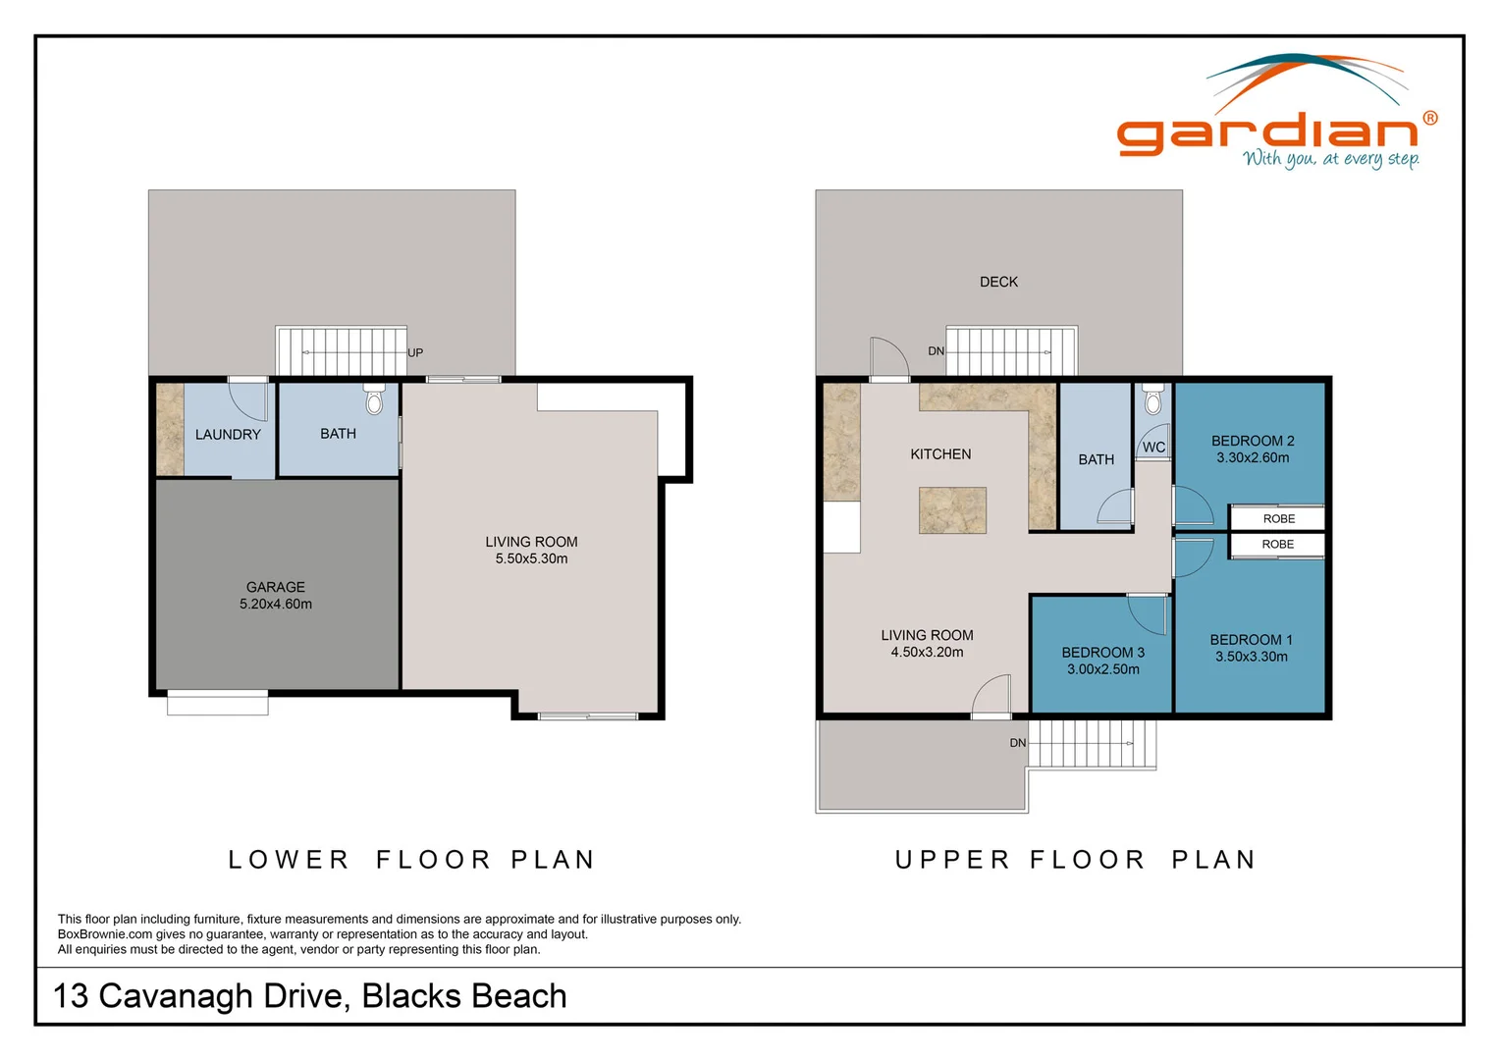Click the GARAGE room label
click(x=275, y=587)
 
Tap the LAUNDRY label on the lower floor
click(x=228, y=435)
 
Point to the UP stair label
click(x=415, y=353)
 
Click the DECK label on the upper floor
click(x=998, y=282)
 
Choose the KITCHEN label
click(x=940, y=454)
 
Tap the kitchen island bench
click(x=952, y=510)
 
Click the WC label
click(x=1153, y=448)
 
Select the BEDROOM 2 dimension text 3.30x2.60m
click(x=1253, y=458)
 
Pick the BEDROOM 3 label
click(x=1102, y=653)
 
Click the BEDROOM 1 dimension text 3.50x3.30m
click(x=1251, y=657)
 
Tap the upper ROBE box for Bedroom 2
click(x=1277, y=518)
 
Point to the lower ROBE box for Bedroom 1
click(x=1277, y=545)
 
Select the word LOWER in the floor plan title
click(x=289, y=860)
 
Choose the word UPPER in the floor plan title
click(x=952, y=860)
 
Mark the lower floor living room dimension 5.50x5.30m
click(x=531, y=559)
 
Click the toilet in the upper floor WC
click(x=1152, y=399)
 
